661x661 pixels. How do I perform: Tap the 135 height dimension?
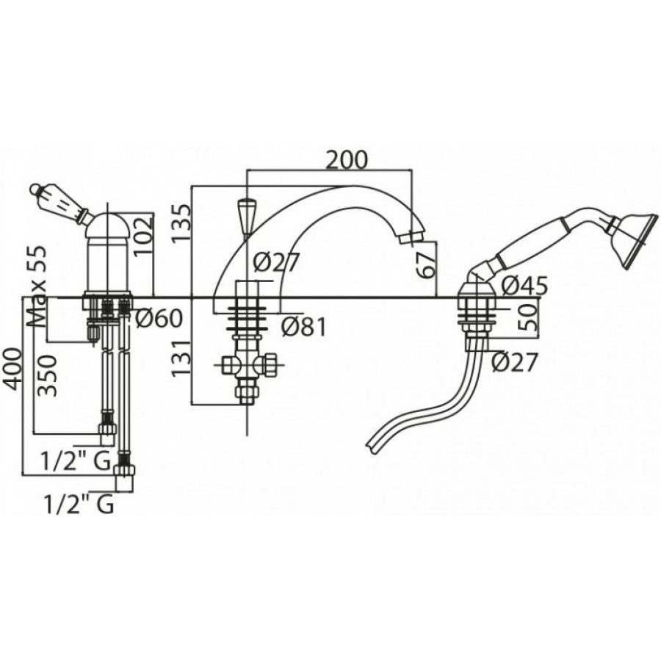tap(181, 223)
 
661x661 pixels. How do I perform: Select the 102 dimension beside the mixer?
tap(143, 236)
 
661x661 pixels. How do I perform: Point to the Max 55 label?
tap(37, 287)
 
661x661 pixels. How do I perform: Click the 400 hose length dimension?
tap(12, 369)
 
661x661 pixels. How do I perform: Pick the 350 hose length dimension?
tap(47, 375)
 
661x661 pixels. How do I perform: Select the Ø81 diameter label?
tap(303, 327)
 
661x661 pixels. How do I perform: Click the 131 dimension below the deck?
tap(181, 358)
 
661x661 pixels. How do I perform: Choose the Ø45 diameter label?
tap(524, 286)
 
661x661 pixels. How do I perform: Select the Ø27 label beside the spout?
tap(276, 262)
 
